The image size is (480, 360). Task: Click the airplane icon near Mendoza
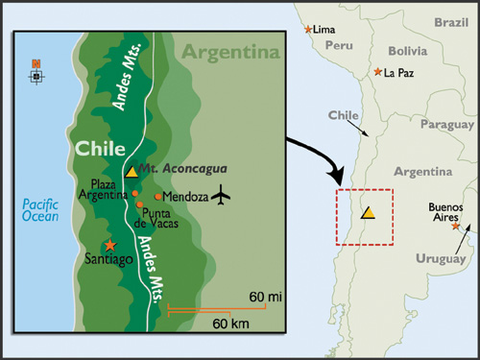pyautogui.click(x=223, y=195)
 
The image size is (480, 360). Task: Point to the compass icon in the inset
pyautogui.click(x=36, y=70)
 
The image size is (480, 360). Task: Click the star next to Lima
pyautogui.click(x=308, y=31)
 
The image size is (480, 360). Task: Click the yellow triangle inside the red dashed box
pyautogui.click(x=368, y=212)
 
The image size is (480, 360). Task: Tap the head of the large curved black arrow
pyautogui.click(x=339, y=180)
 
